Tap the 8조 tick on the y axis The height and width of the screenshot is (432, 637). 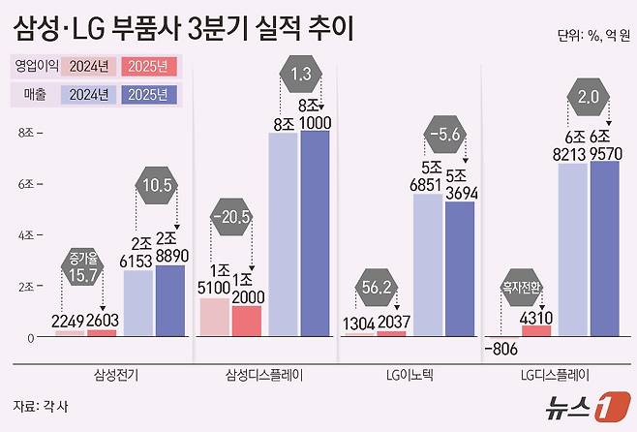point(25,132)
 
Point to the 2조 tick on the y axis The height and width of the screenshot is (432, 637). point(25,287)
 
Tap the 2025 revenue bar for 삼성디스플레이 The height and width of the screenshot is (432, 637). point(315,232)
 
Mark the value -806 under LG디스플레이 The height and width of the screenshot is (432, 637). point(502,350)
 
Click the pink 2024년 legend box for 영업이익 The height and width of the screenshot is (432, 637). point(88,67)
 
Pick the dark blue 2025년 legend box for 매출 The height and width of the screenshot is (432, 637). point(150,95)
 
